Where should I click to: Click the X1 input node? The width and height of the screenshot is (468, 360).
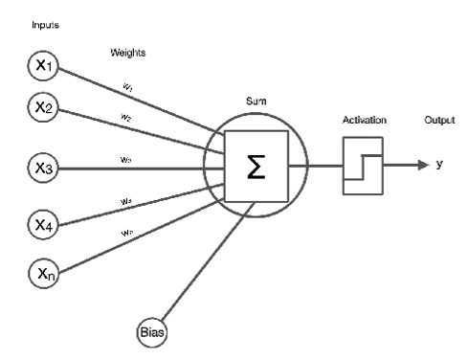click(42, 66)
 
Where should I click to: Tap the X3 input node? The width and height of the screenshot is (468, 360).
click(42, 169)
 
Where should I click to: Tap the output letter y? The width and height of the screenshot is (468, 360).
click(439, 165)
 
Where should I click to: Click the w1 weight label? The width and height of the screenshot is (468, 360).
click(127, 89)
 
